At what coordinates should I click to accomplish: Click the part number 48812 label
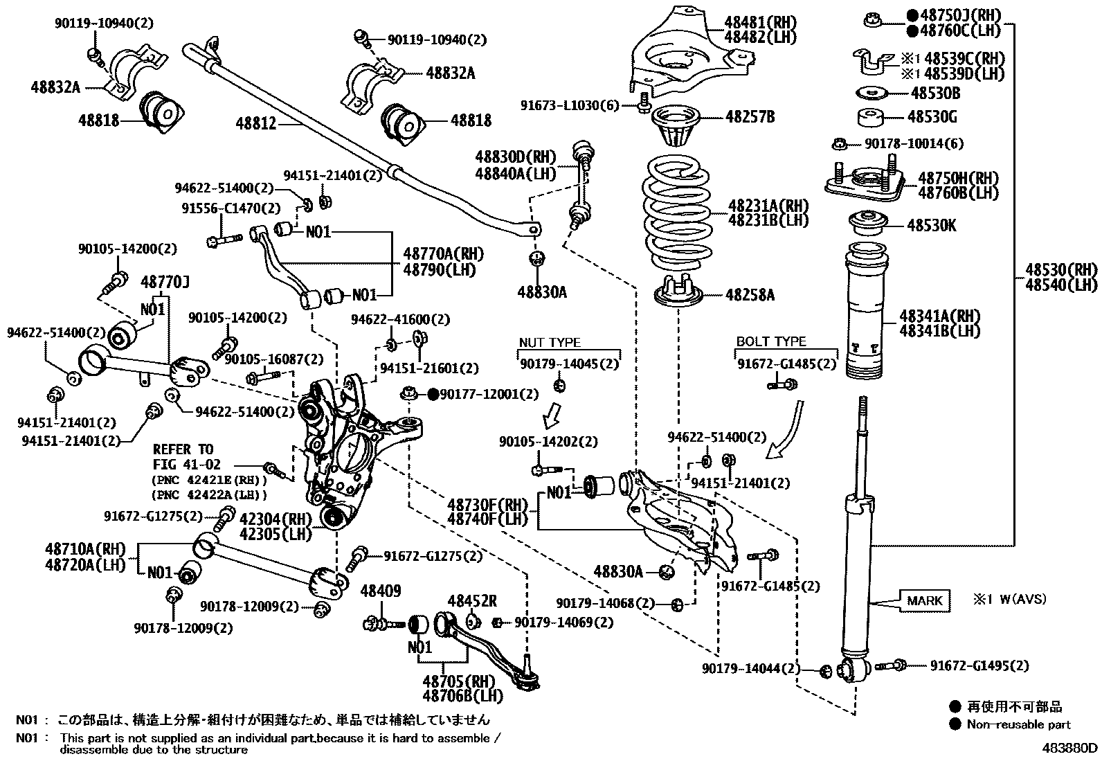[x=256, y=124]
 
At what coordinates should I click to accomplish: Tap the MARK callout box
[x=924, y=600]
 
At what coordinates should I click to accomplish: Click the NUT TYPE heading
[x=550, y=343]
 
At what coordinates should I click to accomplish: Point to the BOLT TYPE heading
[x=771, y=342]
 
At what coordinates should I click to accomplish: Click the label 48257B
[x=750, y=116]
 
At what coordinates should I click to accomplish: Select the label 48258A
[x=750, y=296]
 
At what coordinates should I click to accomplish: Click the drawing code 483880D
[x=1071, y=748]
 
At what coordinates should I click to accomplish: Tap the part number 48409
[x=381, y=591]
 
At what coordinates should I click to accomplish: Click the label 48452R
[x=472, y=601]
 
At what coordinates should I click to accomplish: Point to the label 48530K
[x=932, y=225]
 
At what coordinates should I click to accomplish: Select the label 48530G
[x=932, y=118]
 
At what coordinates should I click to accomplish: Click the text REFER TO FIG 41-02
[x=183, y=457]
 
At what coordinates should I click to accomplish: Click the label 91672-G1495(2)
[x=979, y=665]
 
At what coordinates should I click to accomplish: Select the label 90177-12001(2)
[x=489, y=394]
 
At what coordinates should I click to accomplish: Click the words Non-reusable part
[x=1020, y=724]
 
